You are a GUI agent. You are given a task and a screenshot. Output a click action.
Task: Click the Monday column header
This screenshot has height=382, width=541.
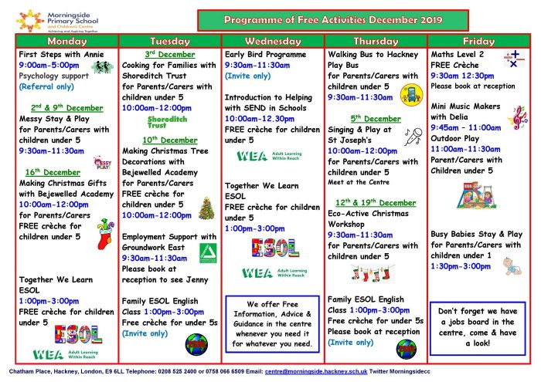[x=67, y=42]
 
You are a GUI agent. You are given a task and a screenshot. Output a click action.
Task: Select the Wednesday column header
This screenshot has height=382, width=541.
[x=273, y=42]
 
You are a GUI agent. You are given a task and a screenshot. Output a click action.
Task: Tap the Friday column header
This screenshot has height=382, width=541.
[x=478, y=42]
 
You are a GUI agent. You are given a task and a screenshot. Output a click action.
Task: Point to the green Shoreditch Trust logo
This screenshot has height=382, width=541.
[x=168, y=123]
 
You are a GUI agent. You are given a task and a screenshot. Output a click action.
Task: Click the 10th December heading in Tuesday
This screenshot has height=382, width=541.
[x=170, y=140]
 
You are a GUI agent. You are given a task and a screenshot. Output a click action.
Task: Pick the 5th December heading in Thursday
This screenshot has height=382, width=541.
[x=376, y=119]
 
